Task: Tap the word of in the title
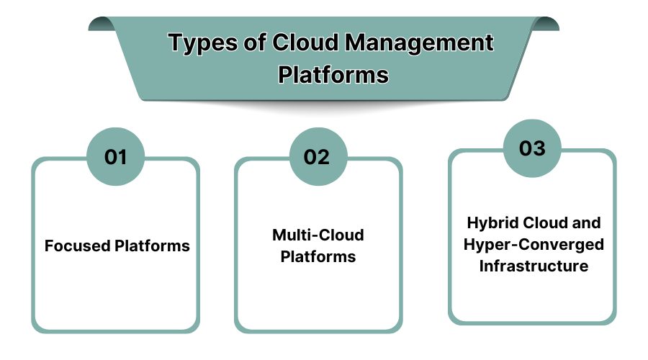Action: pos(253,43)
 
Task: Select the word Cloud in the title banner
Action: pos(305,43)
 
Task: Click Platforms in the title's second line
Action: pos(333,75)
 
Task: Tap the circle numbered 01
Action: pos(116,157)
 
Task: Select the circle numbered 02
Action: pos(318,157)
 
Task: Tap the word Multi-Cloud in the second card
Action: pos(318,235)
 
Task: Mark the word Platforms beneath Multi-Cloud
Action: pos(318,257)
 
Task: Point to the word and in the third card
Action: pos(587,222)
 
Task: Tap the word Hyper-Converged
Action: pos(534,245)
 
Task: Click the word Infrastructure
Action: pos(534,266)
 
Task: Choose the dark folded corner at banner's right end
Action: pos(548,23)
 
